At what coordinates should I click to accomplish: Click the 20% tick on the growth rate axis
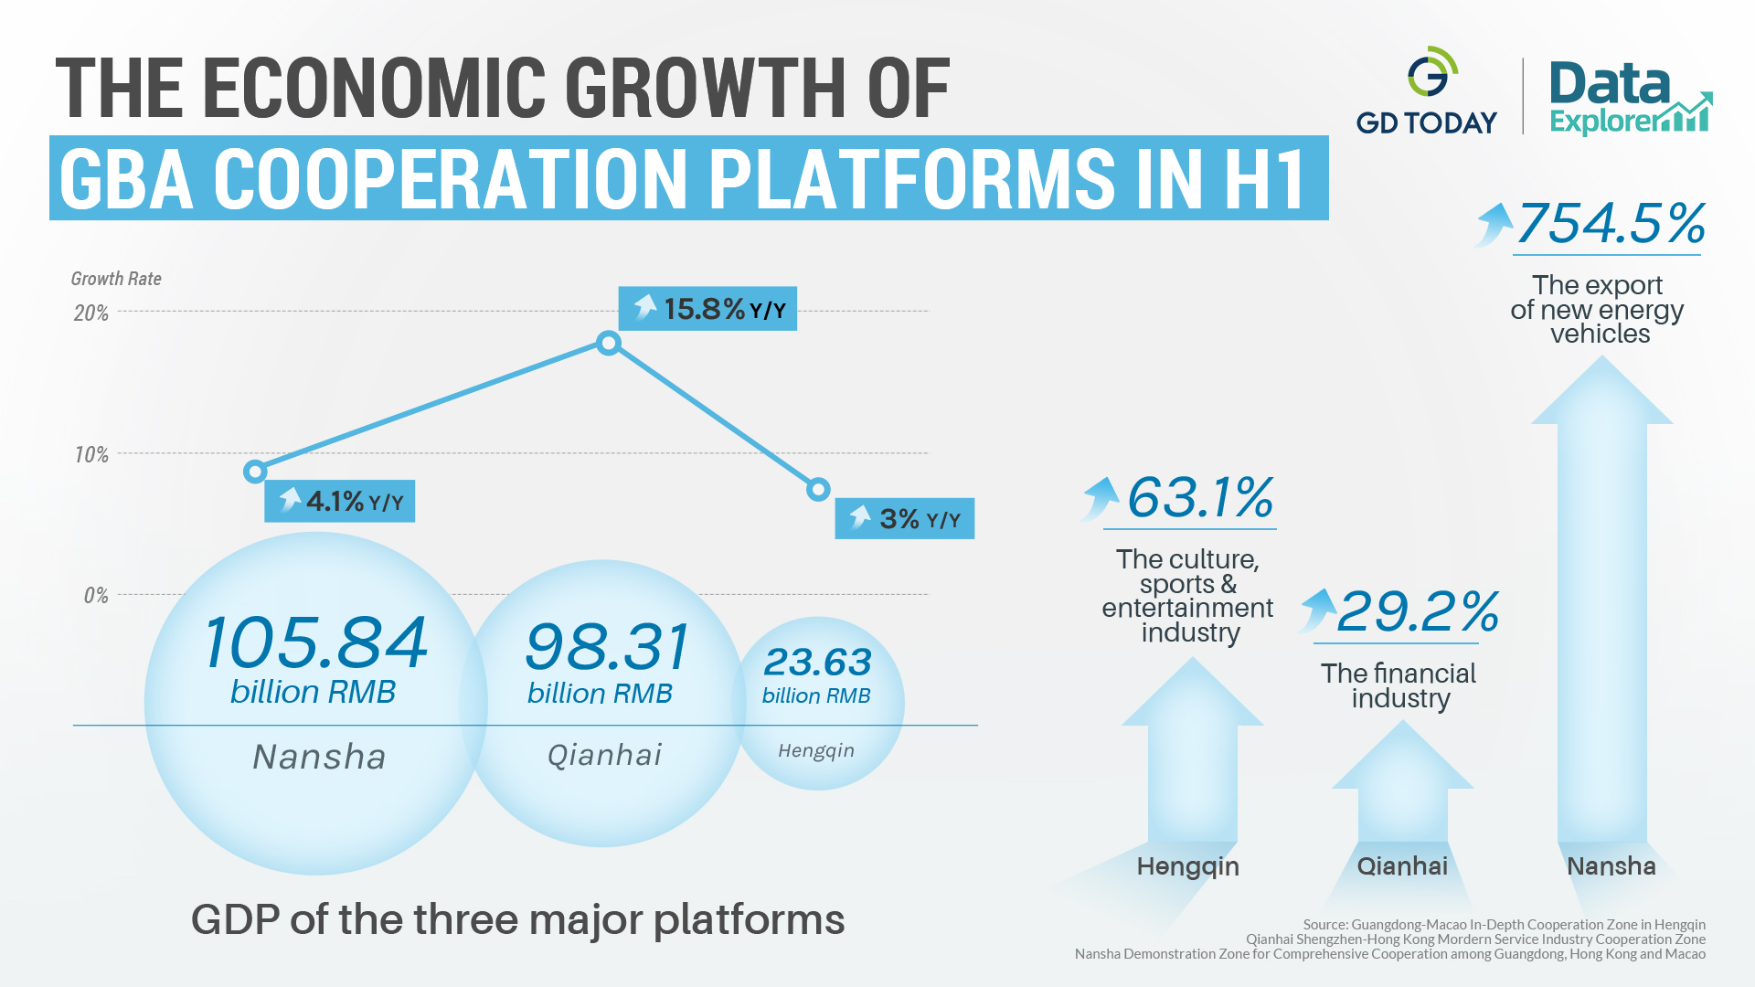pos(90,313)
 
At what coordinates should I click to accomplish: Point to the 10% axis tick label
pos(90,455)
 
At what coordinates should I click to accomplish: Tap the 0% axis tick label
pos(95,596)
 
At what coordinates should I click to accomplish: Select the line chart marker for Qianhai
pos(609,344)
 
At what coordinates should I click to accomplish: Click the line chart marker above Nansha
pos(255,472)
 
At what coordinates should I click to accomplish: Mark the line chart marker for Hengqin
pos(818,490)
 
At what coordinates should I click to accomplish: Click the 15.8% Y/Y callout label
pos(707,309)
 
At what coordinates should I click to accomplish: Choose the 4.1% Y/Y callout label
pos(339,501)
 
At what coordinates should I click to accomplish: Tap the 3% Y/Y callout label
pos(904,519)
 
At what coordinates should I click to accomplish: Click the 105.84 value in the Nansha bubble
pos(315,642)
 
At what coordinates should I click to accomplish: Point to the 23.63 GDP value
pos(817,662)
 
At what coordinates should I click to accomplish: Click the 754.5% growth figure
pos(1611,224)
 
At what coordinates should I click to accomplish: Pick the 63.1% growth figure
pos(1200,498)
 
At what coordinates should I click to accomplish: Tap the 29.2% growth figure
pos(1417,611)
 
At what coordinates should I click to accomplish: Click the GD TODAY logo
pos(1427,91)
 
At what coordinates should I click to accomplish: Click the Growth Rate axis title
pos(116,279)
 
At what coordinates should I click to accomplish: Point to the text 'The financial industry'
pos(1399,685)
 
